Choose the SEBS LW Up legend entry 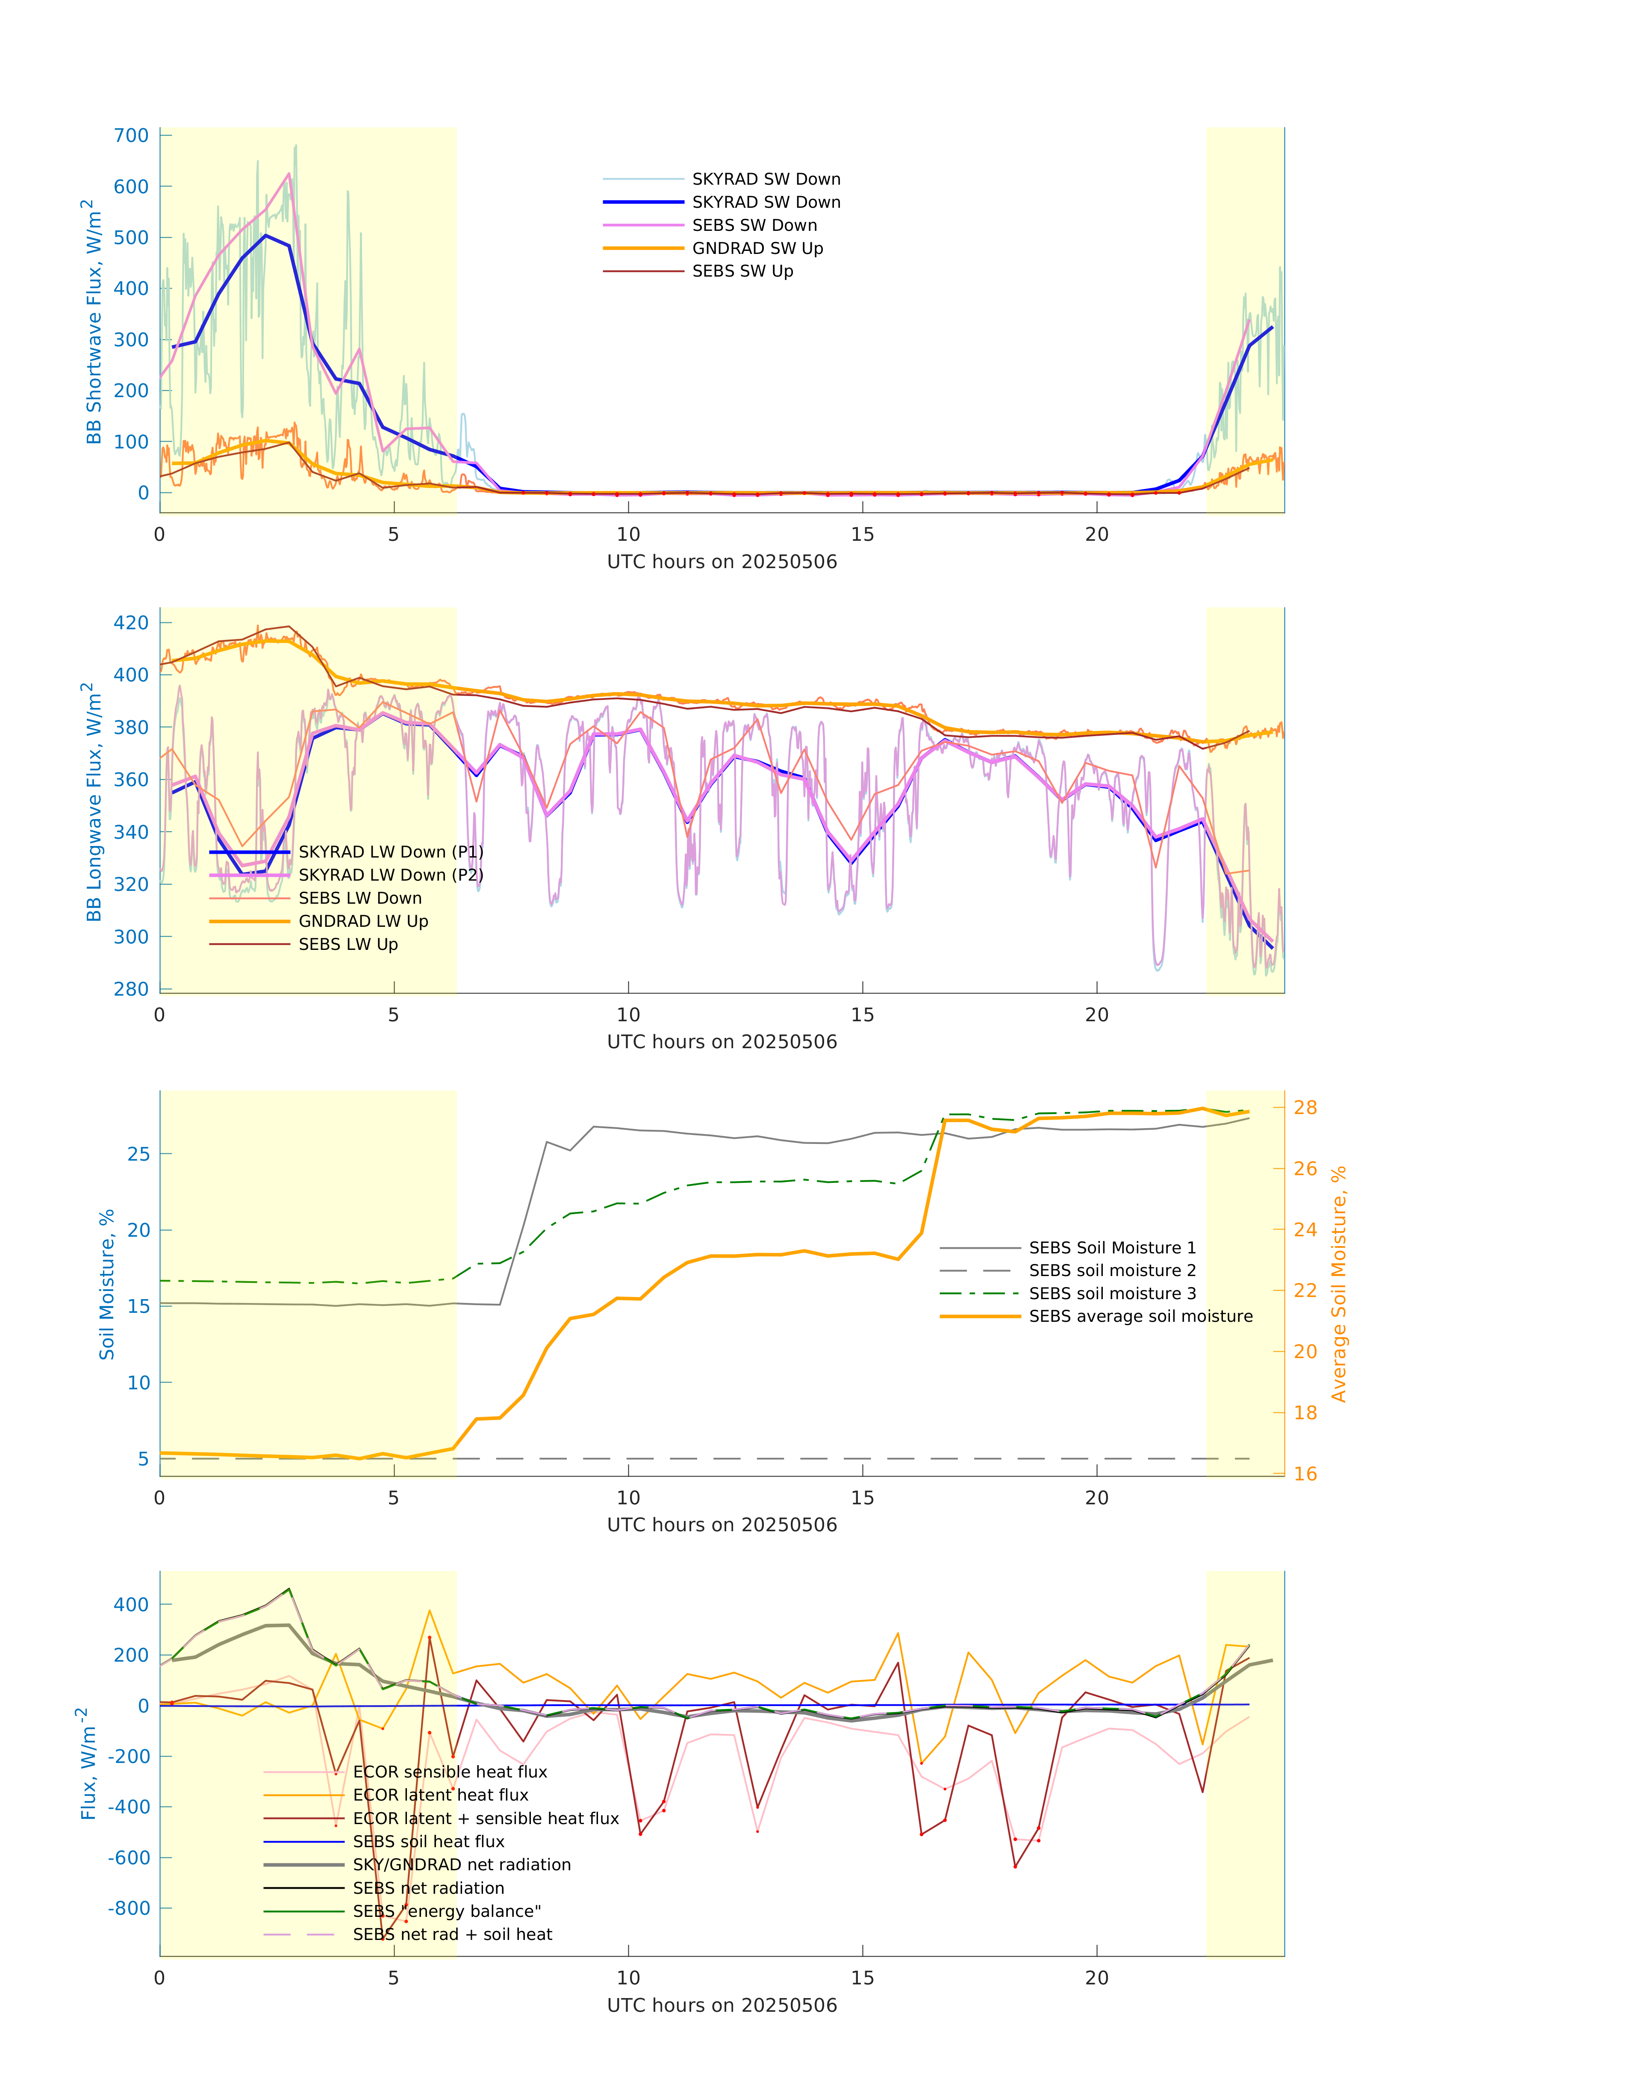[x=348, y=944]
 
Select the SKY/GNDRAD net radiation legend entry [x=461, y=1865]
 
